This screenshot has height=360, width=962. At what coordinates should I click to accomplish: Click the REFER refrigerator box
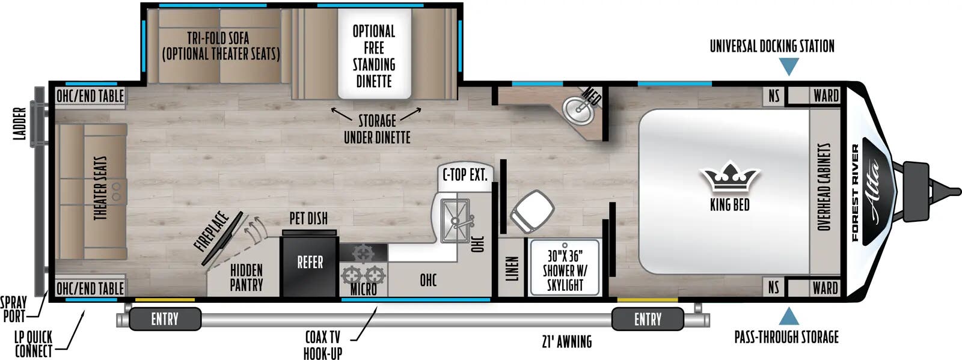click(310, 263)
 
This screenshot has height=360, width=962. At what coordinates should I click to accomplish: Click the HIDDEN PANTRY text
click(247, 277)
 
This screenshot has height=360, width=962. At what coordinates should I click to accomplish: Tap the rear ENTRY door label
click(165, 319)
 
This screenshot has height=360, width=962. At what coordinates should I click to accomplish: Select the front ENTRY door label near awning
click(648, 319)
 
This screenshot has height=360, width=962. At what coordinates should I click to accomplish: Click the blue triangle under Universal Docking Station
click(788, 66)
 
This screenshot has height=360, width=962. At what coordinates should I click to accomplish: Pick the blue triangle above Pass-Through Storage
click(788, 317)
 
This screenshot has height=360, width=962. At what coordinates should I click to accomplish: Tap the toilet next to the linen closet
click(532, 210)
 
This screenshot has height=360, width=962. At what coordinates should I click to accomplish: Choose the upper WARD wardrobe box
click(826, 96)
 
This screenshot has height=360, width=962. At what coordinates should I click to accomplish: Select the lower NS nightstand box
click(773, 288)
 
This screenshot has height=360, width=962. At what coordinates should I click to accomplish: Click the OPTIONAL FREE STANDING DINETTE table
click(374, 55)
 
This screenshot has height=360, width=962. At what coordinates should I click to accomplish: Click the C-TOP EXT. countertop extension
click(464, 175)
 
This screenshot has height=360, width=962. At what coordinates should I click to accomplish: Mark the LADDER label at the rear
click(20, 124)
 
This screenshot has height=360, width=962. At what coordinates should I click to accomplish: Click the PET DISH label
click(308, 218)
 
